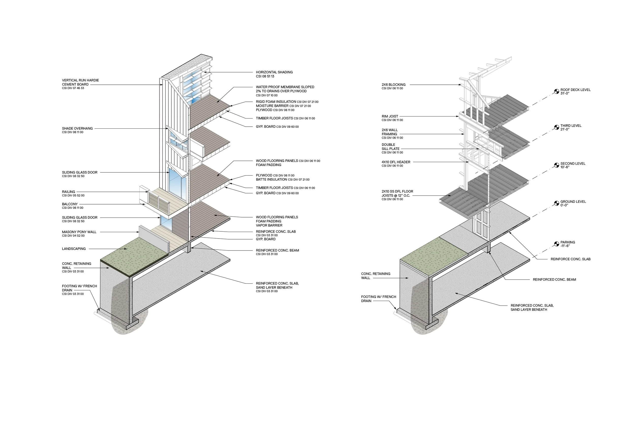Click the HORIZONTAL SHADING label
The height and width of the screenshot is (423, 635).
(274, 72)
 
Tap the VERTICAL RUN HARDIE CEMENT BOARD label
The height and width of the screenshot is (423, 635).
(80, 82)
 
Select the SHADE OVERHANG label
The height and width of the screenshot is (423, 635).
(77, 129)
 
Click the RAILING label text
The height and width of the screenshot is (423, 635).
(69, 192)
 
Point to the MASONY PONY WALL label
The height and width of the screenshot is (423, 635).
(79, 232)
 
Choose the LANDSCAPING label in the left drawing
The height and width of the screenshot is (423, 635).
(74, 249)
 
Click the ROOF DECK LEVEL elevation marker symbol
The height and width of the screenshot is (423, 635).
(557, 91)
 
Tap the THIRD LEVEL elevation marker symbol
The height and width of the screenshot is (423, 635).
(557, 127)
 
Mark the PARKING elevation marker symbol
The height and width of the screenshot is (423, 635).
(557, 244)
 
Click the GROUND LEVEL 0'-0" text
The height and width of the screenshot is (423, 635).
(573, 204)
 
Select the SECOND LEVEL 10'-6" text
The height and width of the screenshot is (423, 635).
(573, 165)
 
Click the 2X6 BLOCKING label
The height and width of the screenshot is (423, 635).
(393, 85)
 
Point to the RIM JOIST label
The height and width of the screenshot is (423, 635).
(390, 116)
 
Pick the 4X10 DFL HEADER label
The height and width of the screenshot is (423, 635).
(396, 162)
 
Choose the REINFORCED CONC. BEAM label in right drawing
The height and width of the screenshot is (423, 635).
(554, 279)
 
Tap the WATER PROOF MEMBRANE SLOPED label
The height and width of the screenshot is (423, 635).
(285, 89)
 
